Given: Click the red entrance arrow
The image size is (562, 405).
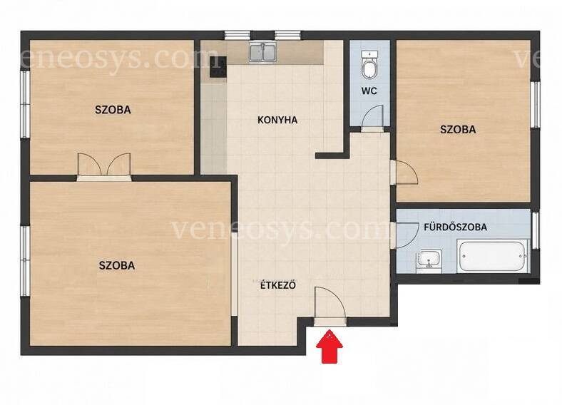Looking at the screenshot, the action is (x=329, y=347).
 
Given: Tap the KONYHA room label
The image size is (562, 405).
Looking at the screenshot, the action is (x=277, y=120).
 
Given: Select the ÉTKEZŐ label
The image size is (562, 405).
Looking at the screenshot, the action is (x=278, y=285).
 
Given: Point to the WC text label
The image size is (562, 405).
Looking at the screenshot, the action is (x=369, y=91).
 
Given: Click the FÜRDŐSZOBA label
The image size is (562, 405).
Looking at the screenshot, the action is (x=455, y=227).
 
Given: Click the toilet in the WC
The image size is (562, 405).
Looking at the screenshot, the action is (x=369, y=65).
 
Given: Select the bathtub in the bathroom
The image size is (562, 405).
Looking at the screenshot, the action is (x=493, y=256).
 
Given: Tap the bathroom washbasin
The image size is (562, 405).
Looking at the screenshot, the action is (x=429, y=260).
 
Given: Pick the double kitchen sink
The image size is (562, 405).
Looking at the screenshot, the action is (x=263, y=52).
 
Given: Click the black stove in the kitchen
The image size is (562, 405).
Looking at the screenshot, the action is (x=218, y=66).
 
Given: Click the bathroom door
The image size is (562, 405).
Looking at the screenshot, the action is (x=405, y=235).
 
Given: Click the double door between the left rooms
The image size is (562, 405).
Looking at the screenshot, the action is (x=104, y=167).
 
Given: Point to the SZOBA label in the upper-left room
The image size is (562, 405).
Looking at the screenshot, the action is (x=113, y=110).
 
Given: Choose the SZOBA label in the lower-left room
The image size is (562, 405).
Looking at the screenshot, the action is (x=117, y=265).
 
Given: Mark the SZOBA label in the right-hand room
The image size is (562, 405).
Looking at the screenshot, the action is (x=458, y=129).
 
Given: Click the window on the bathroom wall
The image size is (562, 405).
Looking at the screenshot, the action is (x=535, y=230).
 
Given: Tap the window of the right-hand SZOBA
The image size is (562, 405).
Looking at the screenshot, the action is (x=535, y=104).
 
